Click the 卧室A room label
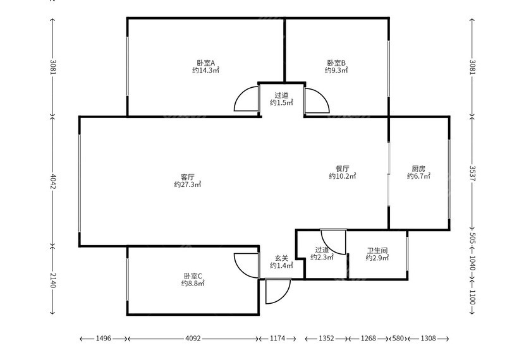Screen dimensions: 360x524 [206, 63]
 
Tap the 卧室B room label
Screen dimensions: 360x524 [336, 63]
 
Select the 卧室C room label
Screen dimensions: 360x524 [193, 275]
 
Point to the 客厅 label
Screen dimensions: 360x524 [187, 176]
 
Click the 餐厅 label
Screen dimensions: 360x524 [343, 169]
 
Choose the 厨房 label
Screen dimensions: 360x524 [418, 169]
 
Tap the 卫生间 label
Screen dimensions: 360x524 [377, 249]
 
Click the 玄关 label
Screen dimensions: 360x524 [281, 258]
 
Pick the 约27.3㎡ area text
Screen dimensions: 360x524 [187, 184]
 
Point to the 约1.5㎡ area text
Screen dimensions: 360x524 [281, 102]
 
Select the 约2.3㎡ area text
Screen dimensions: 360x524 [322, 258]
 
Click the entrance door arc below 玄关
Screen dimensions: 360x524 [276, 292]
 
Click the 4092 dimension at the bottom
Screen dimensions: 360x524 [193, 339]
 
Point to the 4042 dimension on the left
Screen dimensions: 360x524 [53, 182]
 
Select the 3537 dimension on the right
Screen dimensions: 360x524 [472, 172]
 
